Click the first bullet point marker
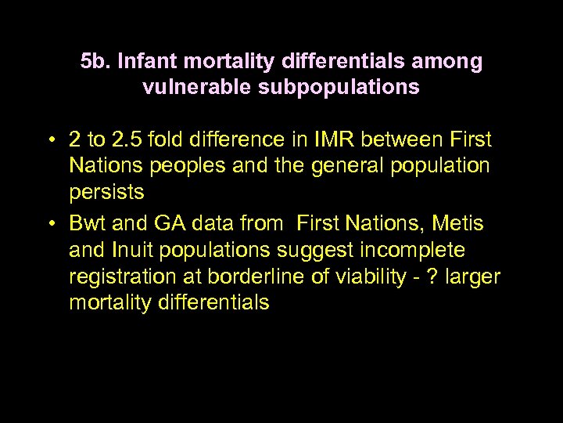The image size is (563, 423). pyautogui.click(x=49, y=141)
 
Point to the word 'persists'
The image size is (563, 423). pyautogui.click(x=106, y=193)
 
